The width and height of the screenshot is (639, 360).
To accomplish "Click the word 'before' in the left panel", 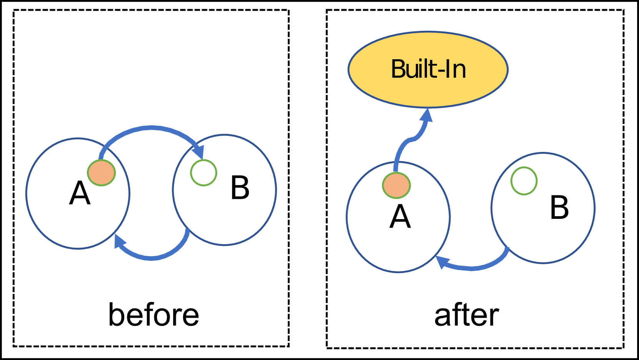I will (153, 315).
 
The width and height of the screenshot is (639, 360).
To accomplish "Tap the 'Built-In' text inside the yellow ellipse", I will (428, 69).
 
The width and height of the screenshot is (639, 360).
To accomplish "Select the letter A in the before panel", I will (80, 193).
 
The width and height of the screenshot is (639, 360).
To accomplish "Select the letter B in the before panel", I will (240, 188).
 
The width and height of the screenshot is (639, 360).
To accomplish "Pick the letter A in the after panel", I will (400, 217).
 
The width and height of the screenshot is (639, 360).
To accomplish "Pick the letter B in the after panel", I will (559, 208).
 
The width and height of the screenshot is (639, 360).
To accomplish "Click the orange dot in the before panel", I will (101, 173).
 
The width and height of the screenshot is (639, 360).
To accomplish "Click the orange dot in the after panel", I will (396, 185).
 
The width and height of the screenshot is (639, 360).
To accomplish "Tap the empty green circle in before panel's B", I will (204, 173).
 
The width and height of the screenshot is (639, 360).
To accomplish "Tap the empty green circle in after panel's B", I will (524, 181).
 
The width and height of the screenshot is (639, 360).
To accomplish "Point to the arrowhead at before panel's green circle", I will (199, 152).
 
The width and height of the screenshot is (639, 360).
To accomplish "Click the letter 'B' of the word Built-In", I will (399, 69).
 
